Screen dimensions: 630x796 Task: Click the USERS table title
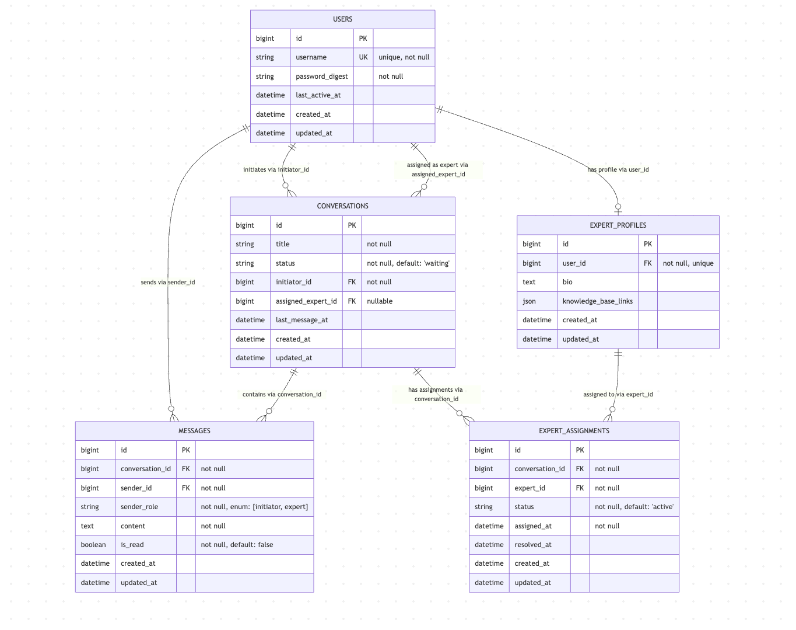[x=342, y=19]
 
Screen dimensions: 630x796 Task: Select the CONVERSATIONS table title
[x=342, y=206]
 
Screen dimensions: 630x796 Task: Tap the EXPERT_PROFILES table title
[x=618, y=225]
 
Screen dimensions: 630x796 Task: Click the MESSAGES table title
[x=194, y=431]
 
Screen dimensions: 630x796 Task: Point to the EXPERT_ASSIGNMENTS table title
[x=574, y=431]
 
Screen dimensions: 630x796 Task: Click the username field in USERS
[x=311, y=57]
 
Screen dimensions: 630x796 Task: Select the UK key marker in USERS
[x=363, y=57]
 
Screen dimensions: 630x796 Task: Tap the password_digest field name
[x=321, y=76]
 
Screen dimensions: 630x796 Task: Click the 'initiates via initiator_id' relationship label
[x=276, y=170]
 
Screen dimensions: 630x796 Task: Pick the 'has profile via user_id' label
[x=618, y=170]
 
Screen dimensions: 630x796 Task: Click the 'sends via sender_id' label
[x=167, y=283]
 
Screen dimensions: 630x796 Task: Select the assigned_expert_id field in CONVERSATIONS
[x=306, y=301]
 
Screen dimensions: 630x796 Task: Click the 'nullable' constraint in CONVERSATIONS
[x=380, y=301]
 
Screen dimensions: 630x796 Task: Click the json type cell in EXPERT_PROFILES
[x=529, y=301]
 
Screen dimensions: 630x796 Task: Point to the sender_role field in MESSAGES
[x=139, y=507]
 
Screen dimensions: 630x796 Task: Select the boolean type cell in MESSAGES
[x=93, y=545]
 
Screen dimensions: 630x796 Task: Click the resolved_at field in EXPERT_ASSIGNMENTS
[x=533, y=545]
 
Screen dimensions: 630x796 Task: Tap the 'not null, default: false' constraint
[x=237, y=545]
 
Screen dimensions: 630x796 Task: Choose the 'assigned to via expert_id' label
[x=618, y=395]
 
